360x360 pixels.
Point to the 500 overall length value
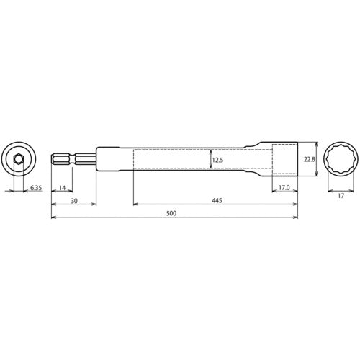point(171,214)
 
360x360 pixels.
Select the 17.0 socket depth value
point(284,188)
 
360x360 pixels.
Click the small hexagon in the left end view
point(18,158)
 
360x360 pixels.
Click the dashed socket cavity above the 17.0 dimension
point(284,159)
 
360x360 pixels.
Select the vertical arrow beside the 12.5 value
point(210,160)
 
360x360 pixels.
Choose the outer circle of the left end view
point(6,158)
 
